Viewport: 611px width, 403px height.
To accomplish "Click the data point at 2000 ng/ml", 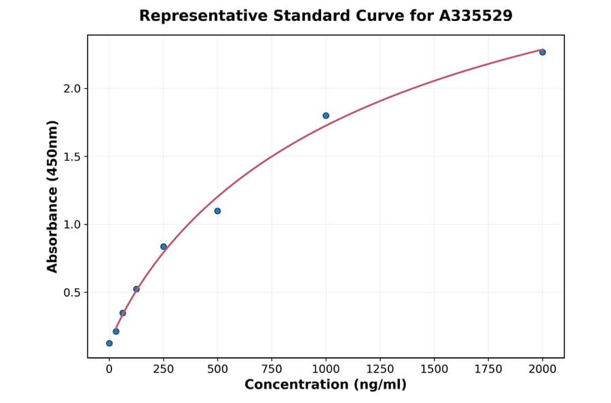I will (542, 52).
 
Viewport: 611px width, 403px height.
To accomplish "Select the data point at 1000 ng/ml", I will (326, 115).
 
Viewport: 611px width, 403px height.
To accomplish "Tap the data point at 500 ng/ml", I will (217, 211).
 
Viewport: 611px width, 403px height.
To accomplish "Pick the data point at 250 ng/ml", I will (164, 246).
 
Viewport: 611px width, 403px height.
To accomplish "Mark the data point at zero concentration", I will (109, 343).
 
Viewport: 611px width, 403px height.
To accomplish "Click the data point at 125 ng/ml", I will (136, 289).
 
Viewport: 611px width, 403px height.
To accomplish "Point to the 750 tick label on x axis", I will (272, 369).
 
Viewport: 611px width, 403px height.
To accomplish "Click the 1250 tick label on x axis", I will (380, 369).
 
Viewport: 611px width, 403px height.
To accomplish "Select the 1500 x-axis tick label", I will (434, 369).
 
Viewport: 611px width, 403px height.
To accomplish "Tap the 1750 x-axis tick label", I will (488, 369).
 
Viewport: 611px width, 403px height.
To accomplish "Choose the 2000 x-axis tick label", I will (542, 369).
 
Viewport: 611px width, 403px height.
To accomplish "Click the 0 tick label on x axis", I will (109, 369).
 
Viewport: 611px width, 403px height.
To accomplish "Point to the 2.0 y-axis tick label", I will (71, 89).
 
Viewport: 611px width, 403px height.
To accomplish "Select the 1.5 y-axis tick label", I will (71, 157).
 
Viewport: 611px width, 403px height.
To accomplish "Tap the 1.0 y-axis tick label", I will (71, 225).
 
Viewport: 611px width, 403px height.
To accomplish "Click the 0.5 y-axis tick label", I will (71, 292).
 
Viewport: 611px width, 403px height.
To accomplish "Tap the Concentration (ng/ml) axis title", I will (325, 385).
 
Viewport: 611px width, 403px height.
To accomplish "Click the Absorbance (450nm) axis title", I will (53, 196).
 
